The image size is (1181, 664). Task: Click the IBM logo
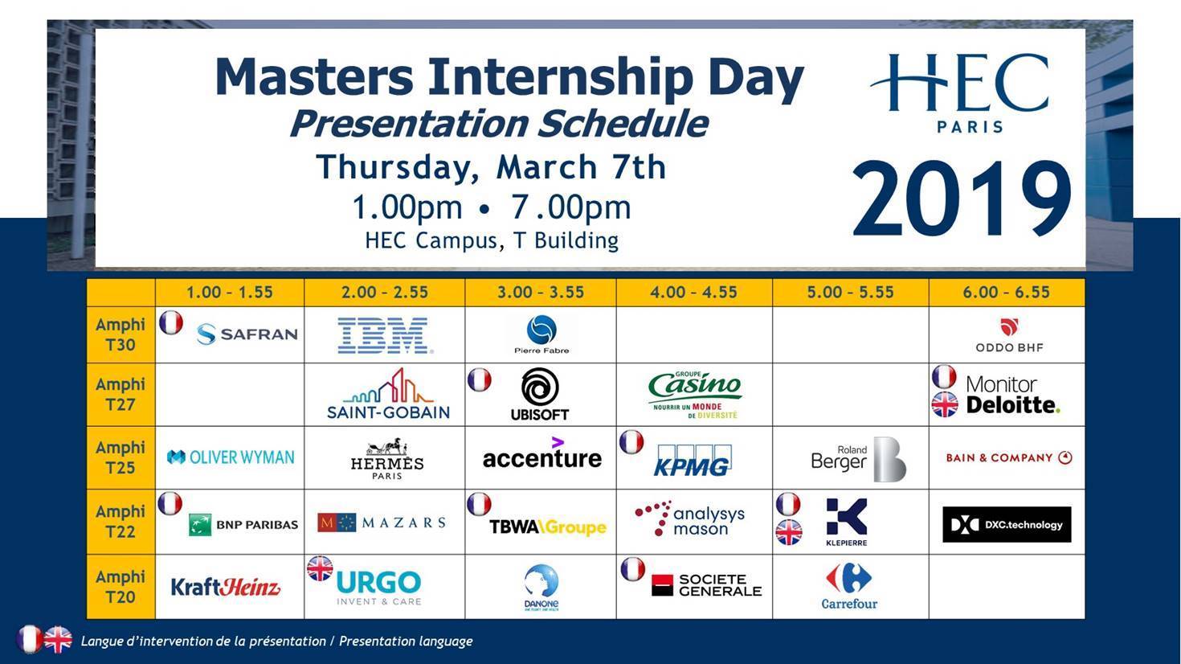384,335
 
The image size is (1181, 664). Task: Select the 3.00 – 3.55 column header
540,293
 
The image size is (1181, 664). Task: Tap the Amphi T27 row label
121,394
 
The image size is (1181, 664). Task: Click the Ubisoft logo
540,393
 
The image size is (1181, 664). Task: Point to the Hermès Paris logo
386,458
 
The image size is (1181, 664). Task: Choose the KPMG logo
692,460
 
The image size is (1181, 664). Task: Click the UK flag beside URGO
320,569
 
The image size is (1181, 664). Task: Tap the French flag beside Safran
171,323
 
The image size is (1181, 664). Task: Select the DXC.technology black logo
1006,524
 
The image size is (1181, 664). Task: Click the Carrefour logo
849,587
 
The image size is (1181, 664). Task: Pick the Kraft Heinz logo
226,587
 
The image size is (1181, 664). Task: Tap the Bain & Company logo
1008,457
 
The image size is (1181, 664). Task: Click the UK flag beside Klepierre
788,533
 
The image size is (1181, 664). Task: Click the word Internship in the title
559,78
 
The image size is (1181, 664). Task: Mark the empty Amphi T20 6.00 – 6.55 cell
1006,587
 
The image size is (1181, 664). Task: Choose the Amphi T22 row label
121,521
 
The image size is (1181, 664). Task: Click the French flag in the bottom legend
30,640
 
